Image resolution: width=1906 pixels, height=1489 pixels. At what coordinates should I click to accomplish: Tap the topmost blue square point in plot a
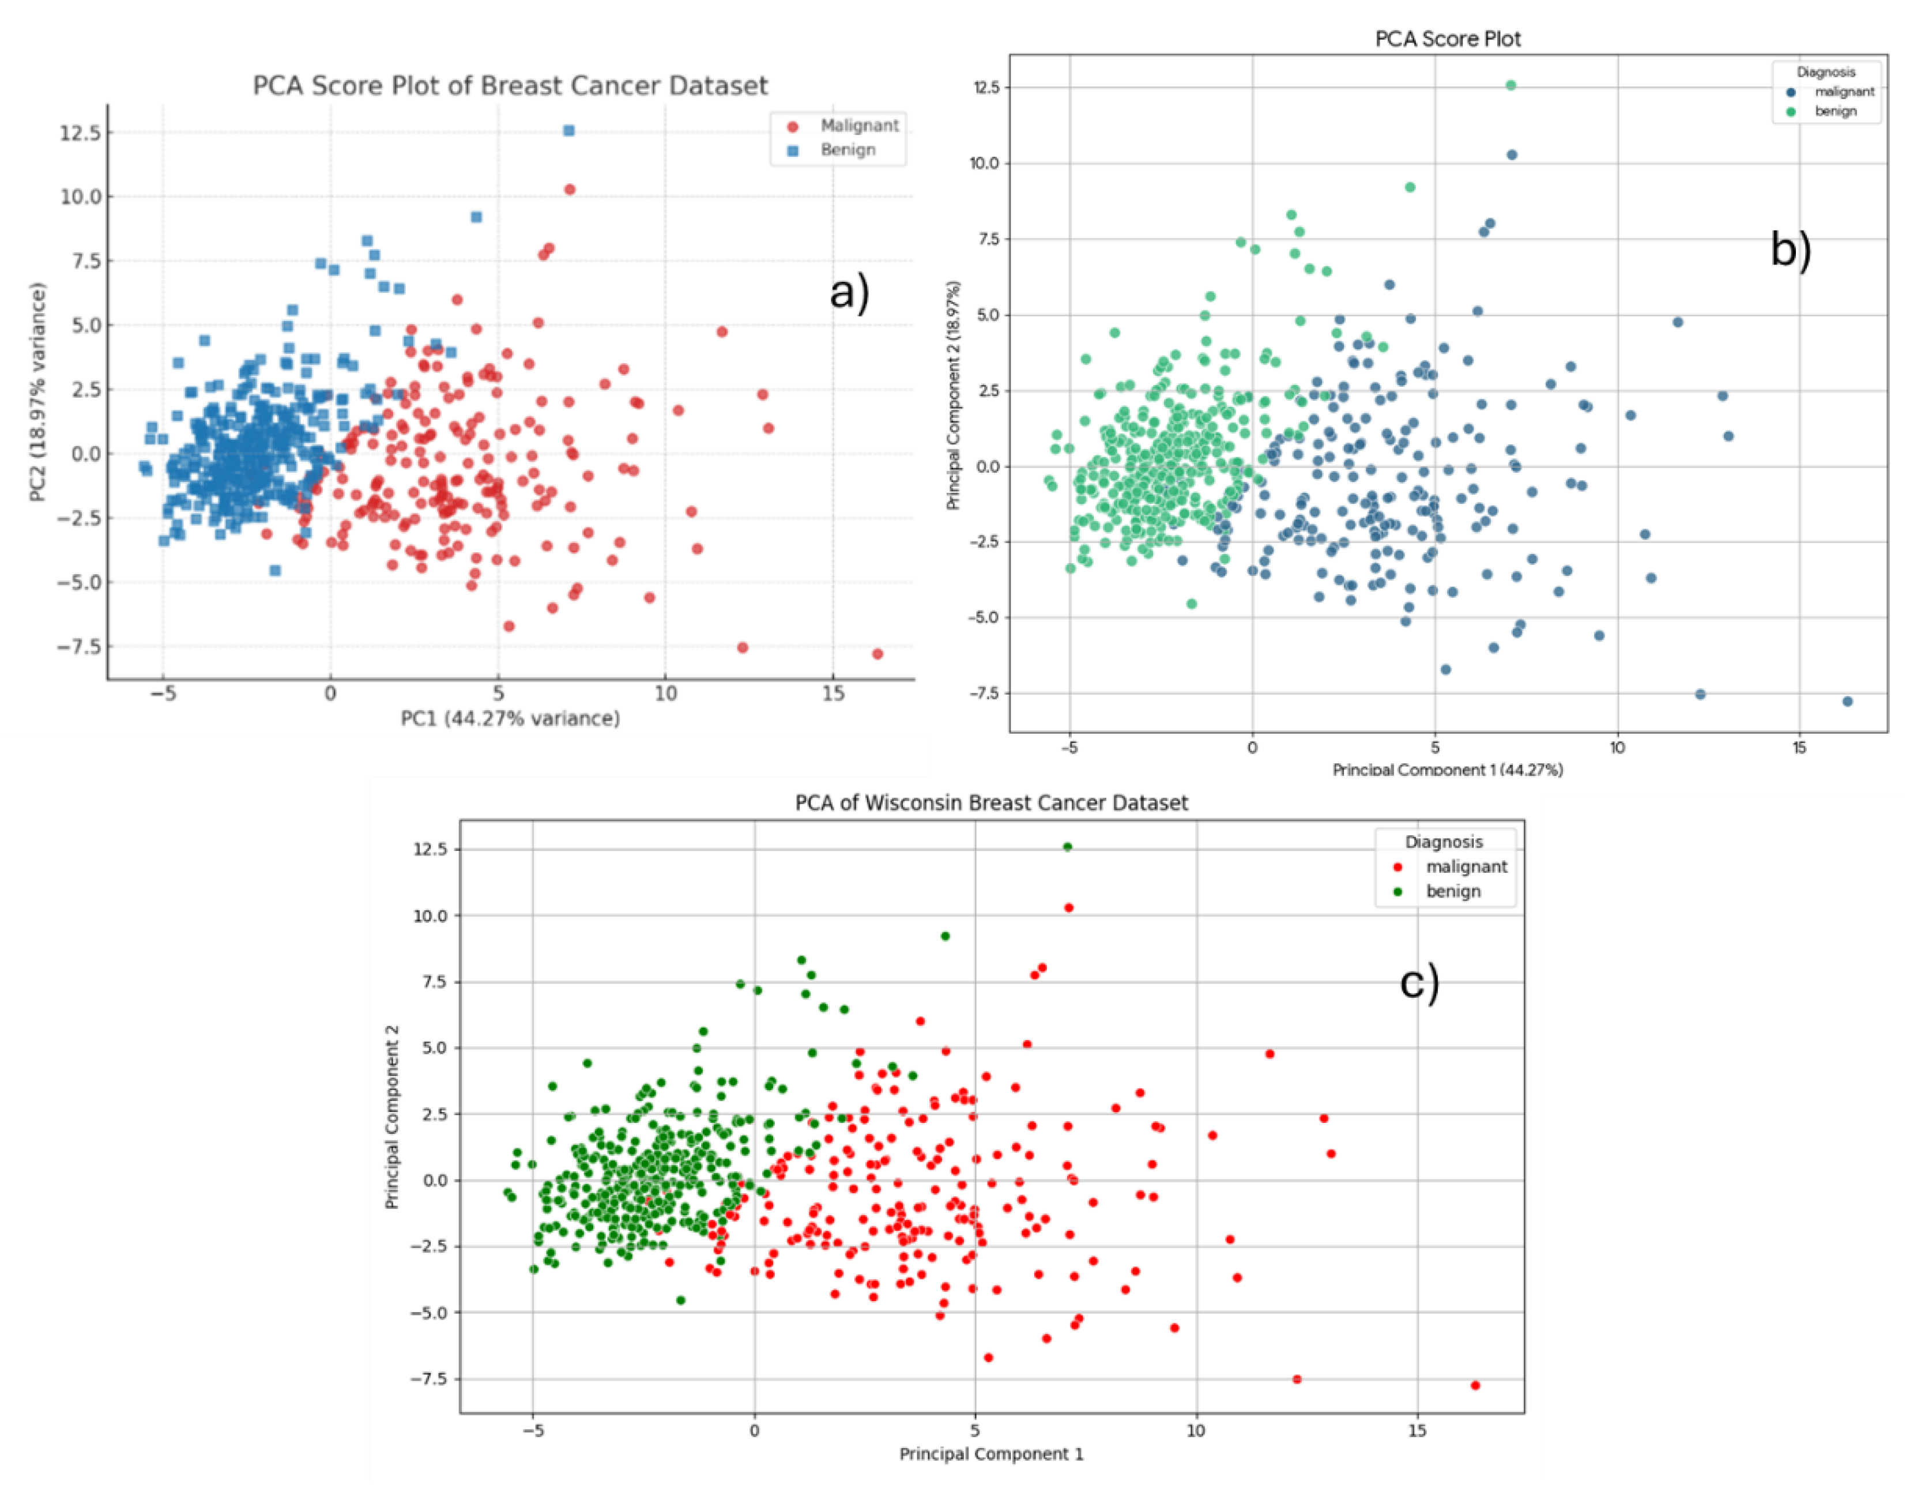(x=569, y=130)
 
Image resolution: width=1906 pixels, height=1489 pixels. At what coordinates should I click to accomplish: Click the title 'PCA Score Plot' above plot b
(x=1448, y=39)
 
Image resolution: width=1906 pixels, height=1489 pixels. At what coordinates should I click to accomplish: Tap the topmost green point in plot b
(x=1511, y=85)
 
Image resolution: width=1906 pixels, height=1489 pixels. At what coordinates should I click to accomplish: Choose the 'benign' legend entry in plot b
(x=1835, y=111)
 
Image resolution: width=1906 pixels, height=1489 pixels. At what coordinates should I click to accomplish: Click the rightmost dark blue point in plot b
(x=1847, y=701)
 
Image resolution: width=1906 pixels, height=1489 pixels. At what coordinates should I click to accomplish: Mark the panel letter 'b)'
(x=1791, y=250)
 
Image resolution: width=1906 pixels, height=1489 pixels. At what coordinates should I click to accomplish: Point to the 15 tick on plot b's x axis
(x=1799, y=748)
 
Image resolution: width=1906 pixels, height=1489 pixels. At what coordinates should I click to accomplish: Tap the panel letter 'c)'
(x=1419, y=983)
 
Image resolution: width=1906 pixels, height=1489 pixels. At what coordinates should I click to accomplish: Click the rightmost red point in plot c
(x=1475, y=1385)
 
